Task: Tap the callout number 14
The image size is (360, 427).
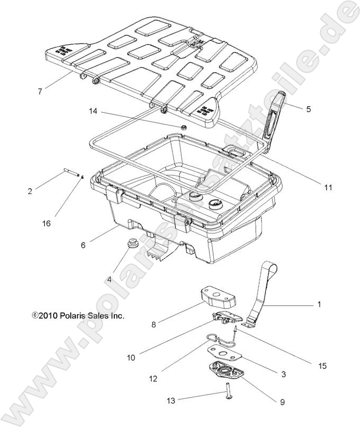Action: [x=93, y=112]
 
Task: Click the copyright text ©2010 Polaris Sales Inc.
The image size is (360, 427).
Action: [x=78, y=315]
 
